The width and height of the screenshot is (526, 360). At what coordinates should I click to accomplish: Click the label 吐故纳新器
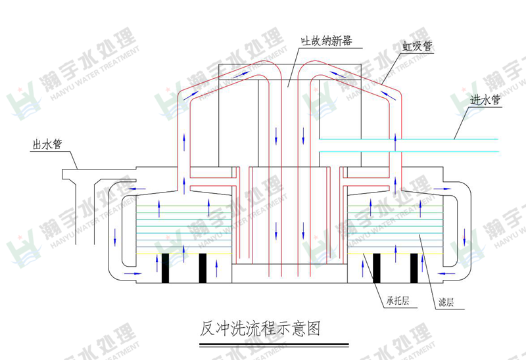(326, 41)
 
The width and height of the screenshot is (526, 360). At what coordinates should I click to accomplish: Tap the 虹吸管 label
(418, 47)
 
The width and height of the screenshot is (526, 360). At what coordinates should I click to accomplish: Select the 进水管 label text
(485, 100)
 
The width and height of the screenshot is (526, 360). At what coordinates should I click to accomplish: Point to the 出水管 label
(47, 145)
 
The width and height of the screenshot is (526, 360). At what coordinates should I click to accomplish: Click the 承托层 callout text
(398, 300)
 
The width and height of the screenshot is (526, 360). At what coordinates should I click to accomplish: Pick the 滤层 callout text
(446, 302)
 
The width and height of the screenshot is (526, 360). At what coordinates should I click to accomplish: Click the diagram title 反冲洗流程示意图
(260, 328)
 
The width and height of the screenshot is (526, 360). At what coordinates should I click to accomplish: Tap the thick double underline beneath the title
(274, 345)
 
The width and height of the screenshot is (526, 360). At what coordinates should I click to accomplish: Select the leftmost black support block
(166, 268)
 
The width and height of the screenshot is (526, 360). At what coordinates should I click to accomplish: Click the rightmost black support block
(414, 268)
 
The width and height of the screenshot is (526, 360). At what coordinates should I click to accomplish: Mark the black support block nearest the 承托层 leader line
(377, 268)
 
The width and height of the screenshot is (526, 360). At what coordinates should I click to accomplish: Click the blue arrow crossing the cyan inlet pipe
(395, 143)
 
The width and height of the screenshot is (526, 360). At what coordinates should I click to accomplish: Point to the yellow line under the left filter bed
(184, 254)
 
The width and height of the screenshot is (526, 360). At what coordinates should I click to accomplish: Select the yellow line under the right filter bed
(395, 254)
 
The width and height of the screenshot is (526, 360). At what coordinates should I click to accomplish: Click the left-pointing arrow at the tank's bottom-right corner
(446, 273)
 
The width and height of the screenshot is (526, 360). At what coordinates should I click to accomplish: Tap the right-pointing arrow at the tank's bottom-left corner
(133, 273)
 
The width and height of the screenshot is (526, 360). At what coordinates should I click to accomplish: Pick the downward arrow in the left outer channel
(115, 237)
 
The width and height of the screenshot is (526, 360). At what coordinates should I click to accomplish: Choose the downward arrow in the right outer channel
(465, 237)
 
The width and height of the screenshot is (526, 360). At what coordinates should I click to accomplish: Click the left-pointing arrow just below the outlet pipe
(137, 189)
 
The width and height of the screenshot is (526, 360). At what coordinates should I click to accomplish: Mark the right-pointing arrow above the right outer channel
(442, 189)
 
